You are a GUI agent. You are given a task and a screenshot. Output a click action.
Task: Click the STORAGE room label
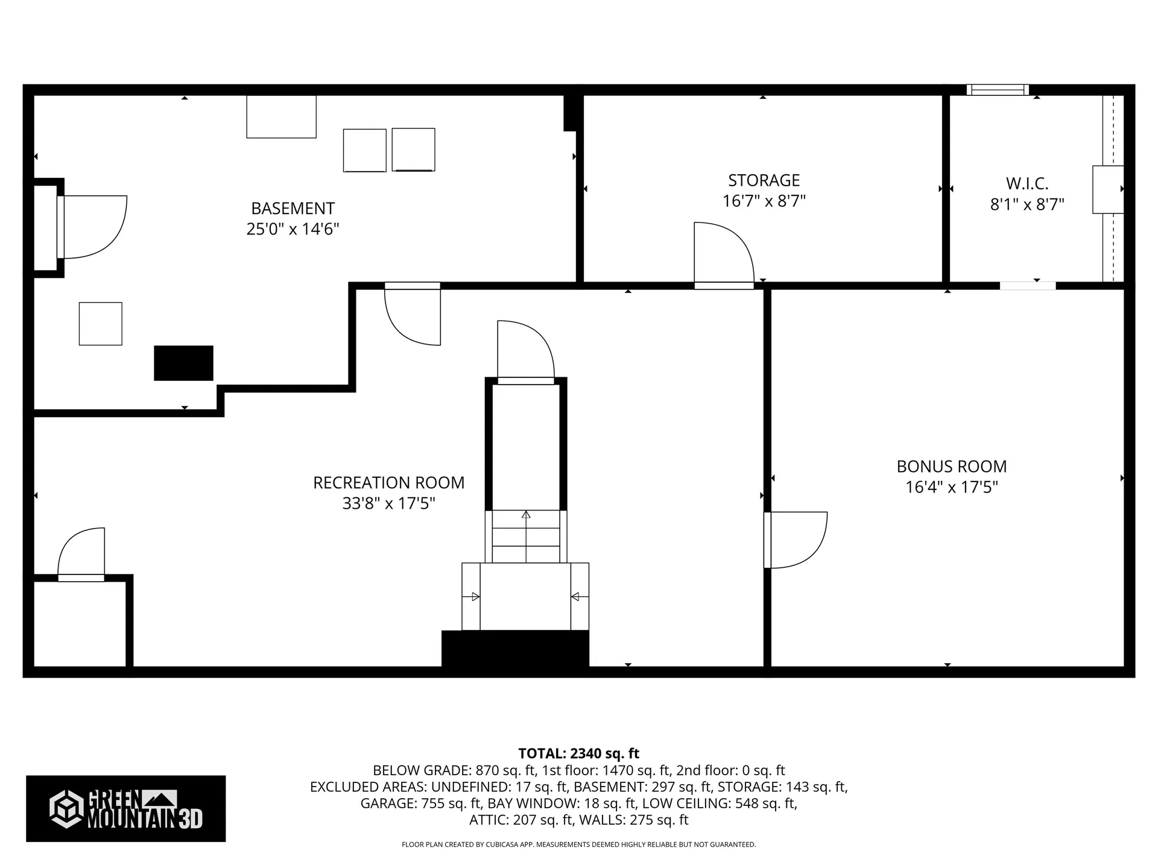coord(764,180)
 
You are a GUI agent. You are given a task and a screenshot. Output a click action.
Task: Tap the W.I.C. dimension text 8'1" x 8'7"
coord(1027,204)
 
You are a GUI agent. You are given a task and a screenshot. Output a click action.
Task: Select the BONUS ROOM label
coord(951,467)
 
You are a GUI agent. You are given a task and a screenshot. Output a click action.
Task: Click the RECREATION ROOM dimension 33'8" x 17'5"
coord(388,503)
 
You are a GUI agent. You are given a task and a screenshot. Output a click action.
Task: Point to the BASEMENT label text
coord(293,209)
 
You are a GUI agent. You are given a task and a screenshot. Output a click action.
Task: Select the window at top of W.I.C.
coord(998,90)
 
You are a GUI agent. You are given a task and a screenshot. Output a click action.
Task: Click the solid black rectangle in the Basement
coord(183,363)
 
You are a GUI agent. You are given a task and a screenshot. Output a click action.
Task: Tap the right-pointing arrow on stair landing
coord(474,597)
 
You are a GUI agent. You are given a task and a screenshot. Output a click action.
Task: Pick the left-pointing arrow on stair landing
coord(575,597)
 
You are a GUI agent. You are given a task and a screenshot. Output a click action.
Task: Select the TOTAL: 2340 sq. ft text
coord(578,753)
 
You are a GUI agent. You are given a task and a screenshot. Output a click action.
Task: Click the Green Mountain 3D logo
coord(125,808)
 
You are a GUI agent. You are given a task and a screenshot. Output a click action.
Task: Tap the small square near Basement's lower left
coord(101,324)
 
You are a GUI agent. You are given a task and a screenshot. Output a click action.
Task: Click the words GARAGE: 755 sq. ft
coord(420,804)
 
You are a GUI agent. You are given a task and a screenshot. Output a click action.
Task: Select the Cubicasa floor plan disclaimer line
coord(578,844)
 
